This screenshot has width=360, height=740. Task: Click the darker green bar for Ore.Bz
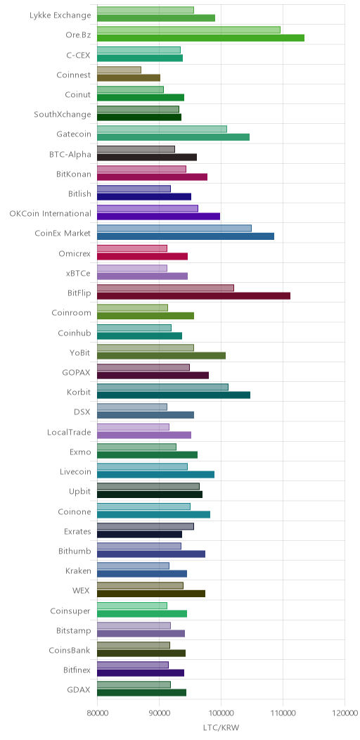pos(200,38)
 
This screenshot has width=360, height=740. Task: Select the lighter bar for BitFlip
pos(166,288)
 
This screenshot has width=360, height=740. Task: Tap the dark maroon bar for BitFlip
pos(193,295)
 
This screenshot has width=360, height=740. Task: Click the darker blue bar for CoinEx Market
pos(186,236)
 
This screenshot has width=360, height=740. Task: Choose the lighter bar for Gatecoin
pos(162,129)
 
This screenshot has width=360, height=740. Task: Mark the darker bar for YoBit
pos(161,355)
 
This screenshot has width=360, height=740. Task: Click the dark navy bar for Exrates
pos(140,534)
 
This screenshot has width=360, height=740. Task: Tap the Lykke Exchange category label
pos(60,15)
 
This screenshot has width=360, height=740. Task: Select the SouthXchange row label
pos(63,114)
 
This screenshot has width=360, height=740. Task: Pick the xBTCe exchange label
pos(79,273)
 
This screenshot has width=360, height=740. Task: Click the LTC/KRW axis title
pos(221,727)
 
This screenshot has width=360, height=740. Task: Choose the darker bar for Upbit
pos(150,494)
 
